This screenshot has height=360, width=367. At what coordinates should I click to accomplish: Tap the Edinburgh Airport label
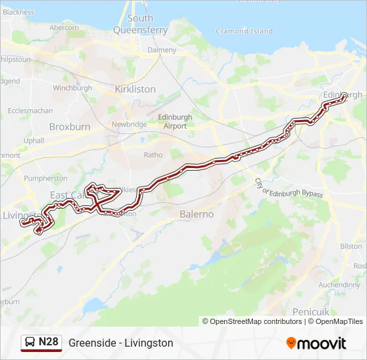point(175,121)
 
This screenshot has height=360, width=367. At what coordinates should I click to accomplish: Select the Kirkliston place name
point(135,89)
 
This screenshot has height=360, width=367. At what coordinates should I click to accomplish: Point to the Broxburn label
point(69,126)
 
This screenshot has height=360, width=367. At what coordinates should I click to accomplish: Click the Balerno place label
point(197,214)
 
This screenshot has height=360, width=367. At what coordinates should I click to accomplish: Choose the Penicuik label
point(312,311)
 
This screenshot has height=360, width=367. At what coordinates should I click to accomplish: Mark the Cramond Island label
point(244,31)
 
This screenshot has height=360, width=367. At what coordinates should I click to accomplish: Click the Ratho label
point(153,155)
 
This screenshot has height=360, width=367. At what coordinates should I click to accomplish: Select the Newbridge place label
point(129,125)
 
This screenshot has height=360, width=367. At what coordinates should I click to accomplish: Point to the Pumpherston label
point(45,178)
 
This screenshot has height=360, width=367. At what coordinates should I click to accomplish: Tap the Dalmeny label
point(161,49)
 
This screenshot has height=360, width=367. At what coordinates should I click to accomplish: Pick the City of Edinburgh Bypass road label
point(288,187)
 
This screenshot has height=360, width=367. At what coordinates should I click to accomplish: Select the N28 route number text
point(49,342)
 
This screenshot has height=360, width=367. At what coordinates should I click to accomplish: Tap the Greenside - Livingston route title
point(121,343)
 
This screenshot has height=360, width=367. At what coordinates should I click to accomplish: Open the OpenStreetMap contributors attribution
point(256,321)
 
